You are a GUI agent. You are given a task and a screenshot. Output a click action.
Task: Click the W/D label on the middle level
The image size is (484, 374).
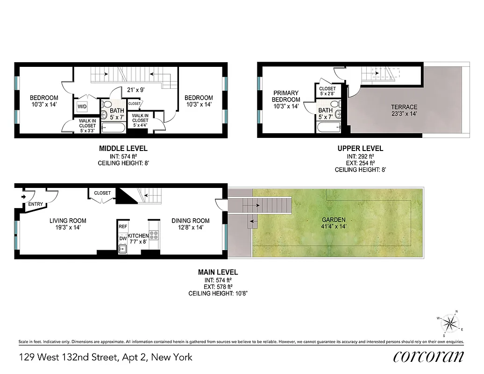tap(82, 107)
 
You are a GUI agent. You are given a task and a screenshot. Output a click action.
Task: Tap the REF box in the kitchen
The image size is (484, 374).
tap(123, 226)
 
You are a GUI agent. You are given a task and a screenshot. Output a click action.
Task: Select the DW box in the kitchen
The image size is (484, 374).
tap(123, 238)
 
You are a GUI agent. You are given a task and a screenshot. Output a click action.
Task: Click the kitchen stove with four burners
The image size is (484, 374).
tap(154, 235)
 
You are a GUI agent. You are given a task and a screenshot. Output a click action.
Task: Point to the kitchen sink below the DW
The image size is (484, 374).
tap(122, 249)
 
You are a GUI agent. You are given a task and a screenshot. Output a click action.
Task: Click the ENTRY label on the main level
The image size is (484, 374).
tap(36, 204)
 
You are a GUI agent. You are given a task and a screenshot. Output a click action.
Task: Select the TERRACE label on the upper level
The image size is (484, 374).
tap(404, 107)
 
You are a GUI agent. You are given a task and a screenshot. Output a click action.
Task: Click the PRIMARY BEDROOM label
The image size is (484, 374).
tap(286, 100)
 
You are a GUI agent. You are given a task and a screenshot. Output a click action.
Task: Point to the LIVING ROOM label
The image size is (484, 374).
tap(68, 224)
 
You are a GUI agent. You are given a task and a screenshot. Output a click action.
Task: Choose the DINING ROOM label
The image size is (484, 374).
tap(190, 224)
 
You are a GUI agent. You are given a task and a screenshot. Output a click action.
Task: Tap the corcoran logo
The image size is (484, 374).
tap(428, 357)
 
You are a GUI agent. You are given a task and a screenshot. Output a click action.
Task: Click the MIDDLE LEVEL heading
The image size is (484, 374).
tap(123, 149)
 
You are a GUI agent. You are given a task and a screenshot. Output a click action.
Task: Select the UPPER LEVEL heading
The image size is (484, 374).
tap(360, 149)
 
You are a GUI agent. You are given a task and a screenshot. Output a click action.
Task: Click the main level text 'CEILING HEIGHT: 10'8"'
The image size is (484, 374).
tap(218, 294)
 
